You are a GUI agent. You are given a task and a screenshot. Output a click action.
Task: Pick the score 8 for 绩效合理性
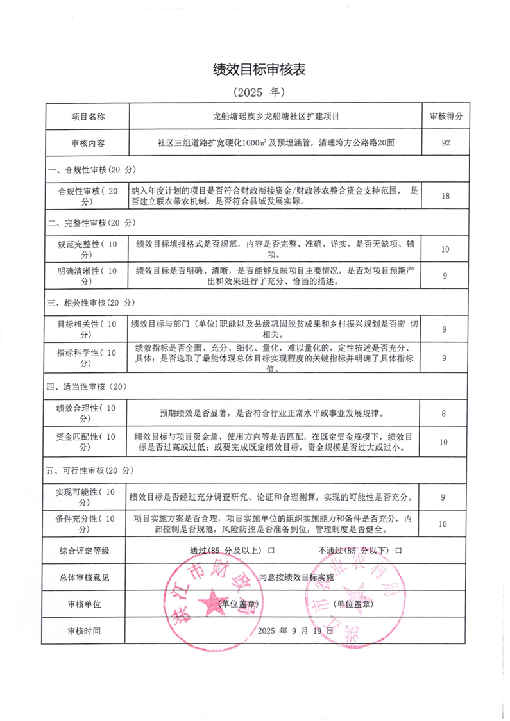point(444,413)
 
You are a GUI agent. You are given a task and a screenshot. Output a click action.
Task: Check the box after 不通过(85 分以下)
point(399,550)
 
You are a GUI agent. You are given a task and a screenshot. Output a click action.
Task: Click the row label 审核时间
point(84,631)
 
